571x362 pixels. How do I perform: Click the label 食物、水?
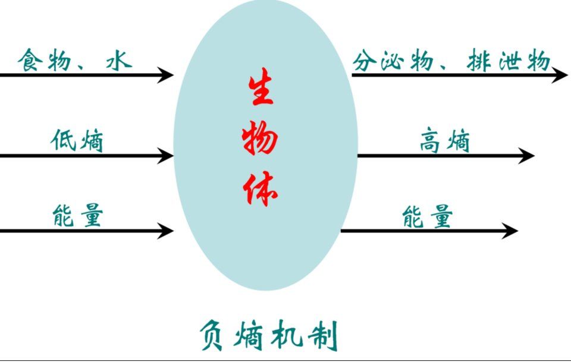click(x=75, y=60)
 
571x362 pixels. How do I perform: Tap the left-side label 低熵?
click(x=77, y=140)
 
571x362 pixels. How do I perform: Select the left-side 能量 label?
click(x=77, y=215)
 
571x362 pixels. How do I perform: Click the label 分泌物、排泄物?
click(x=451, y=61)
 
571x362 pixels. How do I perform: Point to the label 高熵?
click(x=445, y=140)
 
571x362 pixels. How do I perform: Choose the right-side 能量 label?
click(x=428, y=217)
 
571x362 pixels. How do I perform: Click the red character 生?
click(x=261, y=87)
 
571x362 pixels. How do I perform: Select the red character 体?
click(x=260, y=188)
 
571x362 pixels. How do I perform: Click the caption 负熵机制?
click(x=269, y=335)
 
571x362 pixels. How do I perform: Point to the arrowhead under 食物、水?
click(x=167, y=75)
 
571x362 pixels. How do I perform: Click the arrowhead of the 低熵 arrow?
click(x=167, y=156)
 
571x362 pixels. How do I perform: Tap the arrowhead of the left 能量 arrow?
click(x=167, y=231)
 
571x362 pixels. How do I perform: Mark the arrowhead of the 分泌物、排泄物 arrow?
click(x=560, y=75)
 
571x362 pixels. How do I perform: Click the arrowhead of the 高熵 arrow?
click(x=526, y=156)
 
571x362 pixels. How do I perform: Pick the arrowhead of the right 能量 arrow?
click(x=510, y=231)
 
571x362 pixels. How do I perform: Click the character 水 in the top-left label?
click(x=119, y=61)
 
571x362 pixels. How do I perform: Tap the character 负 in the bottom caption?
click(x=212, y=335)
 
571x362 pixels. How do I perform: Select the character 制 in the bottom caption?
click(x=324, y=335)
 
